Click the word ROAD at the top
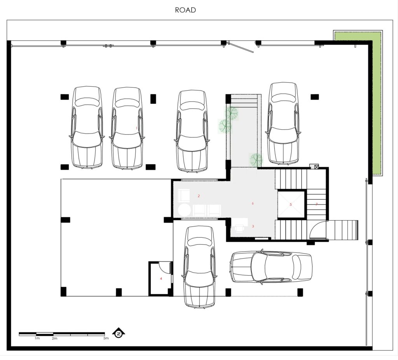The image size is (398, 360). [185, 10]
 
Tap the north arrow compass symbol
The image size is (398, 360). [118, 333]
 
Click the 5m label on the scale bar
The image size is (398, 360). [106, 338]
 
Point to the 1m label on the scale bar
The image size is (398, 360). [37, 338]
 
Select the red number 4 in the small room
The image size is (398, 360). [161, 278]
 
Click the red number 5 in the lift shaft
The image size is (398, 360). [291, 204]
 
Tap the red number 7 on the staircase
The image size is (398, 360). [316, 204]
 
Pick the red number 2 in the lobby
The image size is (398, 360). [199, 196]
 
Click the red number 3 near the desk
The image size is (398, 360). [253, 226]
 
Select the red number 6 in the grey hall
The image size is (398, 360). [253, 203]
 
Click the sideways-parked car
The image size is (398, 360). [271, 266]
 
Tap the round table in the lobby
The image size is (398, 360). [184, 210]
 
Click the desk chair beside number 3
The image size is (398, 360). [239, 228]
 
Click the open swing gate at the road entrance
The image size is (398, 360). [241, 47]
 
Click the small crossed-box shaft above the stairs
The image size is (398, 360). [316, 167]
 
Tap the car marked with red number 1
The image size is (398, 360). [127, 129]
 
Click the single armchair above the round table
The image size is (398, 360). [184, 195]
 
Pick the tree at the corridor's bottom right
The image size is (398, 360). [256, 160]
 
